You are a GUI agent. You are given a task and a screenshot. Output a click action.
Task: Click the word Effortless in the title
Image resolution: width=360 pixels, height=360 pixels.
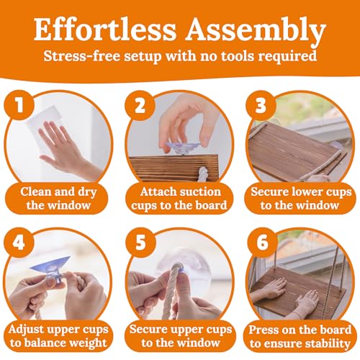tap(105, 30)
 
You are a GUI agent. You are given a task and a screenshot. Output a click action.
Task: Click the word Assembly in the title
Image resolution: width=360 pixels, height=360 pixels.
tap(256, 32)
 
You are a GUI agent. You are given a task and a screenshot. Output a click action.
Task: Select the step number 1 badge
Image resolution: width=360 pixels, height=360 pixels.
tap(19, 105)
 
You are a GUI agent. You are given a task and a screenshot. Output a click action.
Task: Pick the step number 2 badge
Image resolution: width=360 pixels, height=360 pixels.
tap(140, 106)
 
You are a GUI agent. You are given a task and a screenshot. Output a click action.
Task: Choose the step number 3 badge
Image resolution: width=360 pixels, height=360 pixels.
tap(261, 106)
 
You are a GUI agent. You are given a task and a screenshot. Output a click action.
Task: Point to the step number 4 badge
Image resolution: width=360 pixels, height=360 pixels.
tap(19, 243)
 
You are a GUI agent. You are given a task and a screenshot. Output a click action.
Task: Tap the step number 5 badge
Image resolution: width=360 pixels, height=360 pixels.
tap(140, 243)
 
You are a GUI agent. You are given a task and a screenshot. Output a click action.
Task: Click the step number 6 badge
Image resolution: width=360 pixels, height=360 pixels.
tap(263, 243)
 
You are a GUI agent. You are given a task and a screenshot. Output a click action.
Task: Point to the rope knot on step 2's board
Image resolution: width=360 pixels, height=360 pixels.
tap(203, 174)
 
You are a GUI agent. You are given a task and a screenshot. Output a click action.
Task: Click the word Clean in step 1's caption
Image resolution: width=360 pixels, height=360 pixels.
tap(36, 192)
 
